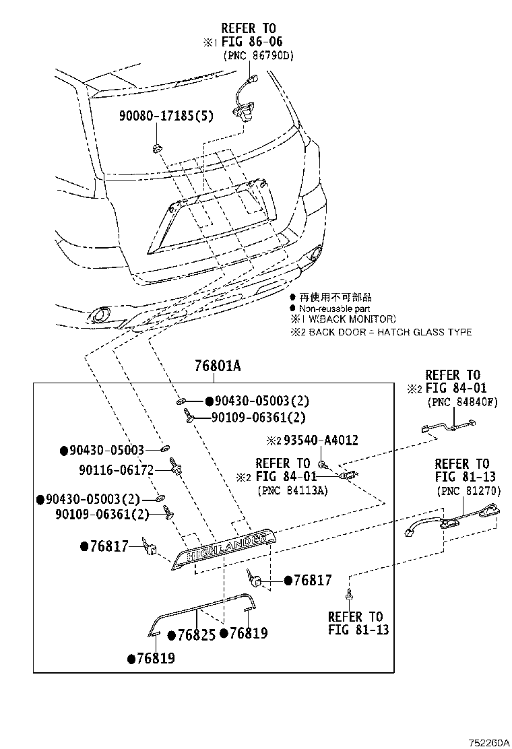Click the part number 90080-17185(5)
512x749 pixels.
(166, 116)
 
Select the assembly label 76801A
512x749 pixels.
(217, 366)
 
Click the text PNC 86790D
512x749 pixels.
(259, 56)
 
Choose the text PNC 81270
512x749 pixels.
(468, 490)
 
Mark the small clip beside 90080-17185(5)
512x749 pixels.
(156, 147)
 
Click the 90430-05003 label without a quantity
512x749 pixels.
(106, 450)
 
